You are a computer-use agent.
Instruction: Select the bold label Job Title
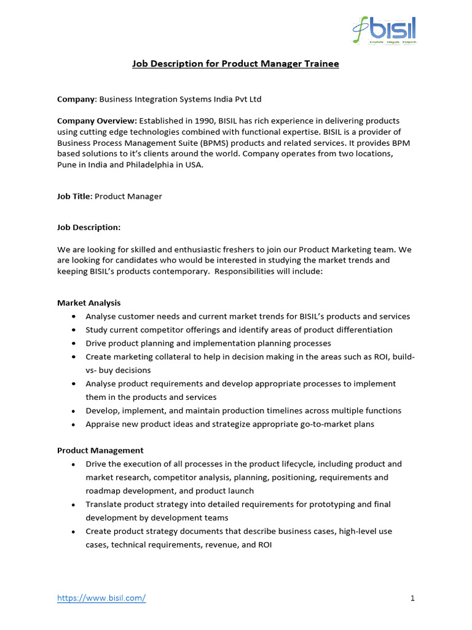pos(74,196)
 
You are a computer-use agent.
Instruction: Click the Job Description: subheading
pos(89,228)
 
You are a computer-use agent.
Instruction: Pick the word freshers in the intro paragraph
pos(242,249)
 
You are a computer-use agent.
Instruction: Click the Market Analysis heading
pos(89,303)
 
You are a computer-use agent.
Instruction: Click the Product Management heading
pos(101,450)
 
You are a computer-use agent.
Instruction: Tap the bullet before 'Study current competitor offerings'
pos(74,330)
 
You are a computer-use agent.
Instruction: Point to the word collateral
pos(170,357)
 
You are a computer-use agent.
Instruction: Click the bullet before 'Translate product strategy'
pos(74,504)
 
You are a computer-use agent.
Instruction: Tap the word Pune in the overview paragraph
pos(67,164)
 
